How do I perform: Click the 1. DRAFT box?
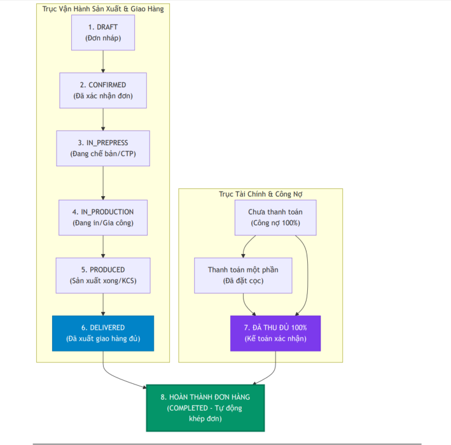click(103, 32)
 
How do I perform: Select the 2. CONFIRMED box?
click(103, 90)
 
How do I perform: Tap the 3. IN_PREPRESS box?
click(103, 148)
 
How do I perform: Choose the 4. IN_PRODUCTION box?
click(103, 218)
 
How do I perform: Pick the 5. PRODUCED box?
click(103, 276)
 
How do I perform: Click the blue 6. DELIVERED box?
click(103, 334)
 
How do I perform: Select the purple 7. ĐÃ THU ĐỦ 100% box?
click(275, 334)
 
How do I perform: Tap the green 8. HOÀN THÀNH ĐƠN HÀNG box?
click(205, 408)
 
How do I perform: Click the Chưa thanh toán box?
click(275, 218)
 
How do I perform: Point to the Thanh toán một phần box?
click(243, 276)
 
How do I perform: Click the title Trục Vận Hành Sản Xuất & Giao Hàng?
click(103, 9)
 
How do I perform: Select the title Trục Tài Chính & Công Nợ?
click(261, 194)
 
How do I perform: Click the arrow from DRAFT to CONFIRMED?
click(103, 62)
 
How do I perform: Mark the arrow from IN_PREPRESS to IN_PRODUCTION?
click(103, 183)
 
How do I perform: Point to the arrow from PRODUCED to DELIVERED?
click(103, 304)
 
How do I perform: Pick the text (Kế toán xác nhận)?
click(275, 339)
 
